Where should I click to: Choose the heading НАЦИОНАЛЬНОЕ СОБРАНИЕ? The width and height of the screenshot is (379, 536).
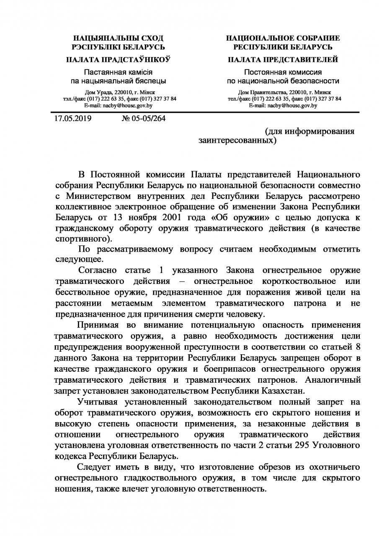(x=283, y=39)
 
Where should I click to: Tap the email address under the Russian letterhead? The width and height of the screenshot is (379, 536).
(x=283, y=106)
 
